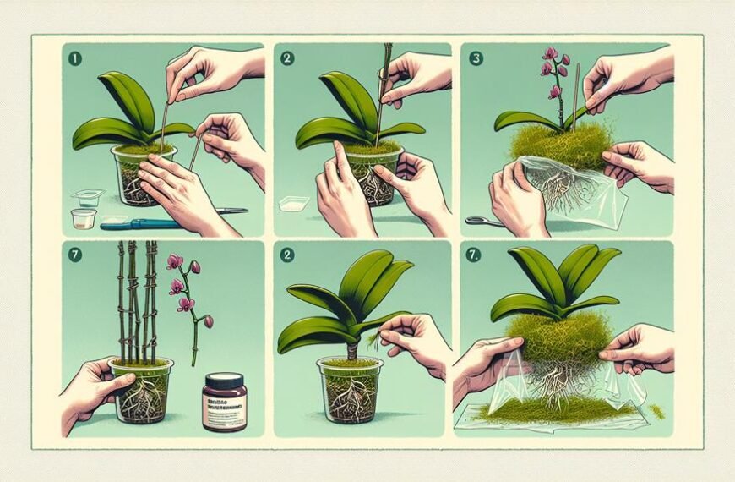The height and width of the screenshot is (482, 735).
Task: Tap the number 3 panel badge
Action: [x=476, y=60]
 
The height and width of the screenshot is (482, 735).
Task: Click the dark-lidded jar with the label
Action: [x=224, y=404]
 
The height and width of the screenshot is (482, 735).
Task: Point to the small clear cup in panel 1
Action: [x=83, y=219]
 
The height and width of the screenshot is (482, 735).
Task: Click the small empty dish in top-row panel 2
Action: [x=292, y=204]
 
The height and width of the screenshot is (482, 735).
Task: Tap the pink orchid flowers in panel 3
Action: [x=552, y=72]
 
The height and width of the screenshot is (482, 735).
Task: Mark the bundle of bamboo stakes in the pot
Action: [x=137, y=304]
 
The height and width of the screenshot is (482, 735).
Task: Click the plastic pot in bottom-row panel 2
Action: [x=351, y=394]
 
